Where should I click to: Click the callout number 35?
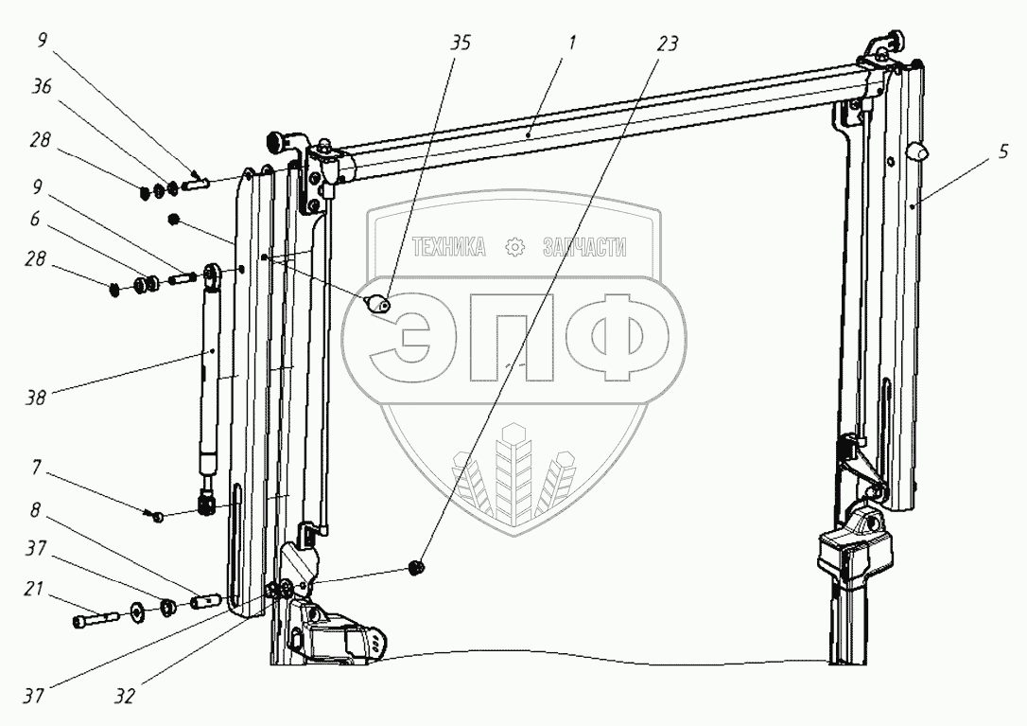tap(461, 44)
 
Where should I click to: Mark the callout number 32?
tap(123, 697)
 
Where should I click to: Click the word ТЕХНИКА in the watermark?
tap(448, 248)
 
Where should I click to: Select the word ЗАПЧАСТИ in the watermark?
tap(584, 248)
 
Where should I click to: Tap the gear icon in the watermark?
tap(515, 248)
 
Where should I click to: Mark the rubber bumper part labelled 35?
tap(378, 304)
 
